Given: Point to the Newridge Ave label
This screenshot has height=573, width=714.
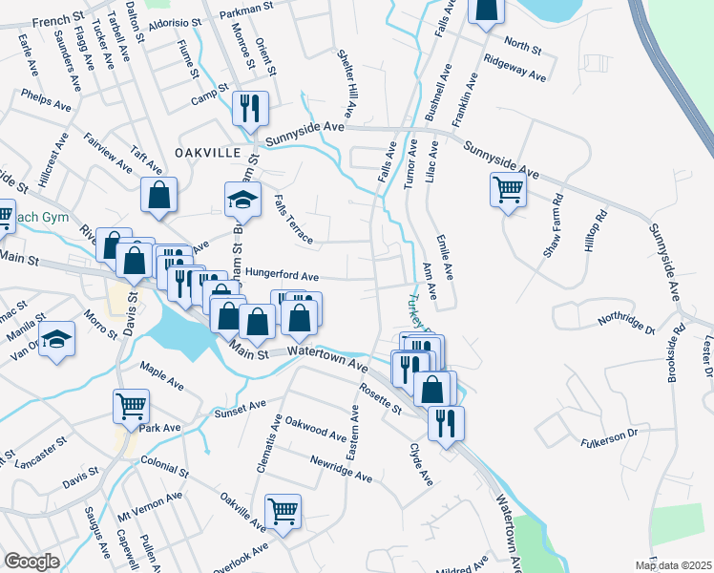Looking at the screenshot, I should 340,467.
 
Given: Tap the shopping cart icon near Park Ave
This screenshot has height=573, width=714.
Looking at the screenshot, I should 131,405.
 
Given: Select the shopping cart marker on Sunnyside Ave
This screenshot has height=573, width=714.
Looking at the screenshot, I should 507,188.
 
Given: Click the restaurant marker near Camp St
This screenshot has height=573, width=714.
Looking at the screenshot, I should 251,108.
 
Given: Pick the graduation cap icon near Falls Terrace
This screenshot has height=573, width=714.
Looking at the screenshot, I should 242,198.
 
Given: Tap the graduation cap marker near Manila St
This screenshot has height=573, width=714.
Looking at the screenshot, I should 56,338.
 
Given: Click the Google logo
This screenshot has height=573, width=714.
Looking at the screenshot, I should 31,561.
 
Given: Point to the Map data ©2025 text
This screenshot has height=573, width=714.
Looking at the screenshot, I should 673,565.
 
